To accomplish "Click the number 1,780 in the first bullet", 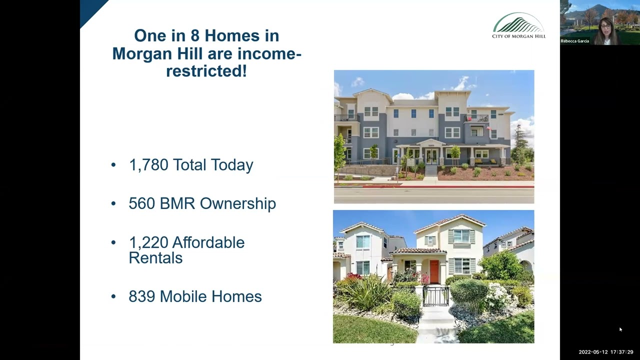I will click(148, 165).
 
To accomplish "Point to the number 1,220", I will click(148, 242).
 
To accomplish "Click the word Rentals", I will click(155, 258).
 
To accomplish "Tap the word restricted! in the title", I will click(206, 71).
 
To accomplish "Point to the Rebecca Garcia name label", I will click(575, 41).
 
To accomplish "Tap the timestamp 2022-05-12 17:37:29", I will click(606, 352).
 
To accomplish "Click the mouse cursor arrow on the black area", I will click(620, 329).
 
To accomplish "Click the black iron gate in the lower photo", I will click(436, 296).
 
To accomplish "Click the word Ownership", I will click(238, 203).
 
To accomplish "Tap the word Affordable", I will click(208, 242).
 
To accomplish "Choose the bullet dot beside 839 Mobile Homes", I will click(113, 296).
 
